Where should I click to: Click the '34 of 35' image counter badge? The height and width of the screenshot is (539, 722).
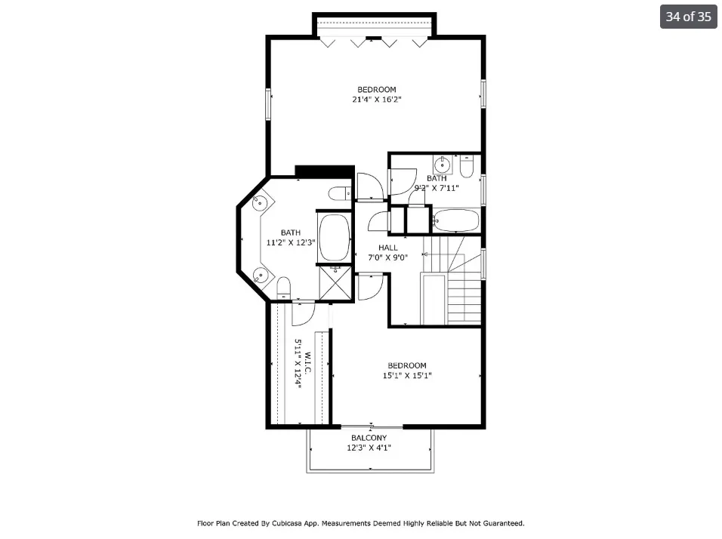(688, 17)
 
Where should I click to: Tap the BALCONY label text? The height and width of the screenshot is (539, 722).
(369, 438)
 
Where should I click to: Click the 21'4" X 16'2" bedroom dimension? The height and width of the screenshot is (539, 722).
(376, 99)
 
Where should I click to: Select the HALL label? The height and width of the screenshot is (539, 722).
(387, 248)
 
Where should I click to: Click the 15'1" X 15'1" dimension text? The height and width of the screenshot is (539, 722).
(407, 375)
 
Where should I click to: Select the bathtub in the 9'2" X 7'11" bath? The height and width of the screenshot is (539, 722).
(455, 221)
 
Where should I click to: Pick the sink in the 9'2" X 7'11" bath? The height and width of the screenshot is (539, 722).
(443, 164)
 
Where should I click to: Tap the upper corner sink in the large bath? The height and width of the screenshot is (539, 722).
(259, 202)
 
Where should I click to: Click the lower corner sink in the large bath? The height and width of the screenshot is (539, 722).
(259, 275)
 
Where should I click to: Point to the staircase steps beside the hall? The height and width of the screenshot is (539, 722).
(464, 298)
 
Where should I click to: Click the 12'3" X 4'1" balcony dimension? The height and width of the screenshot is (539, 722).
(369, 448)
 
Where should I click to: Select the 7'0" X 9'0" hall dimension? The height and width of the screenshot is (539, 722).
(387, 257)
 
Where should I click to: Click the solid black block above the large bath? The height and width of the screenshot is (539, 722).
(324, 171)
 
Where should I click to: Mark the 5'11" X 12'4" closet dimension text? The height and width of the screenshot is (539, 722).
(298, 364)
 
